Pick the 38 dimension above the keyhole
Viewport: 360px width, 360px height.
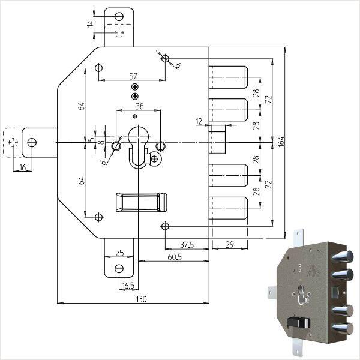pyautogui.click(x=139, y=106)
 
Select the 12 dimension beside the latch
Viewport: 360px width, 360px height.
pyautogui.click(x=199, y=122)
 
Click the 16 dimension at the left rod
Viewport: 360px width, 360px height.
pyautogui.click(x=23, y=167)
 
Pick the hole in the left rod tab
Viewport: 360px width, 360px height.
pyautogui.click(x=32, y=142)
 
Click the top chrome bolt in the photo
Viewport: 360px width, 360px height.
pyautogui.click(x=340, y=257)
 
